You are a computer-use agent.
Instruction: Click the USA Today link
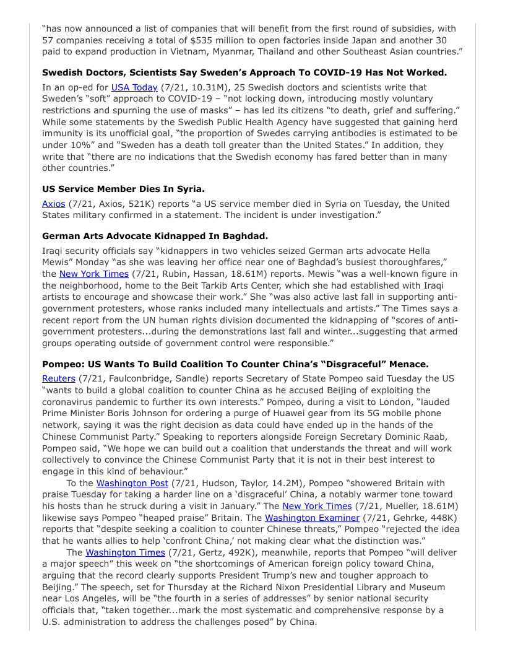tap(134, 87)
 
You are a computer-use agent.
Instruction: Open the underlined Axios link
tap(53, 204)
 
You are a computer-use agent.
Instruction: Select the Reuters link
tap(59, 378)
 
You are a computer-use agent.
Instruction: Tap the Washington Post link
tap(132, 483)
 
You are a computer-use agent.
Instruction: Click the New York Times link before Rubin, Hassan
tap(94, 274)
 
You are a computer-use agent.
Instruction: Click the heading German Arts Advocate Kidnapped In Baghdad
tap(155, 236)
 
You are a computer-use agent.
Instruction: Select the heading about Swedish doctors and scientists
tap(244, 72)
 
